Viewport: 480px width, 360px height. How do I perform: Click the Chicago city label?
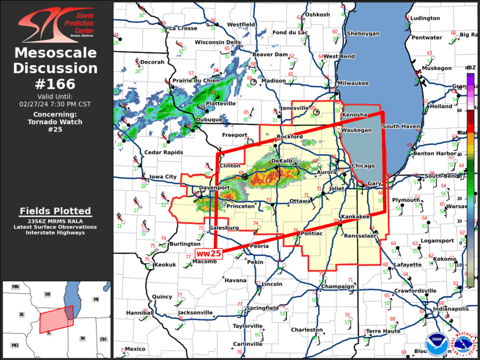pyautogui.click(x=363, y=166)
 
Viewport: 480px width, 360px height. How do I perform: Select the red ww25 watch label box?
pyautogui.click(x=208, y=253)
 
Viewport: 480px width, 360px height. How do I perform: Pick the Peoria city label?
pyautogui.click(x=260, y=246)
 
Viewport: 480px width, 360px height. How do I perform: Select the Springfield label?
pyautogui.click(x=263, y=308)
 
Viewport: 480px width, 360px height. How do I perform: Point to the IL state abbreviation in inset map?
pyautogui.click(x=49, y=332)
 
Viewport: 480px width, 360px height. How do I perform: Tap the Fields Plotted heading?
pyautogui.click(x=55, y=211)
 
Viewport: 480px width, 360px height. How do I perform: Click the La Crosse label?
pyautogui.click(x=183, y=28)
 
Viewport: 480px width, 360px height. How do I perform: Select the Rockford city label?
pyautogui.click(x=290, y=137)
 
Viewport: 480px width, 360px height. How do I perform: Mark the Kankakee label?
pyautogui.click(x=355, y=217)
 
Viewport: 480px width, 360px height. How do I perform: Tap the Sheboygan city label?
pyautogui.click(x=363, y=34)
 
